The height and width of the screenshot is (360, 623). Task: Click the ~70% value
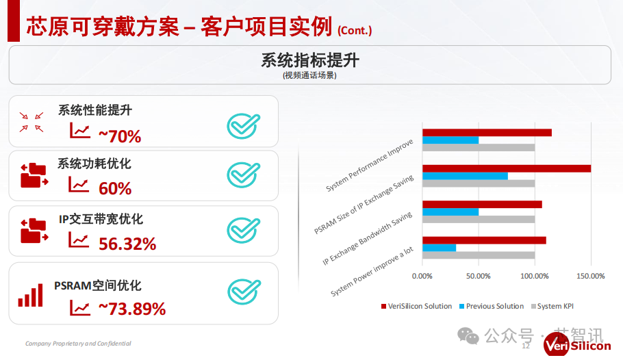(120, 136)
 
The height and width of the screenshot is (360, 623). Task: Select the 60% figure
(115, 188)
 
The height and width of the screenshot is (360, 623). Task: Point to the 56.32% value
(127, 244)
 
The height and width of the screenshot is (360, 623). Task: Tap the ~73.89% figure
(132, 309)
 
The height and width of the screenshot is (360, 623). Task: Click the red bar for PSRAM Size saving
(507, 168)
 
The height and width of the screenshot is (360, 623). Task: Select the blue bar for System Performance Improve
(450, 140)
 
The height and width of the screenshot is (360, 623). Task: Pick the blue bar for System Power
(439, 248)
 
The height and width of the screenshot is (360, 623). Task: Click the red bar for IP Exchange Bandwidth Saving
(482, 204)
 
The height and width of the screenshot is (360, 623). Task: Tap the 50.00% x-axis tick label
(479, 276)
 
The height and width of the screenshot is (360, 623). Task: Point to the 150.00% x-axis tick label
(591, 276)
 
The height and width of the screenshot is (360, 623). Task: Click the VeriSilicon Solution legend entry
(416, 307)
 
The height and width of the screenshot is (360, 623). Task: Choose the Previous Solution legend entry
(492, 307)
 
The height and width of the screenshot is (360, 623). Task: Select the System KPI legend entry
(552, 307)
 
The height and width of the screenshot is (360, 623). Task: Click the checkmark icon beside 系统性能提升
(243, 126)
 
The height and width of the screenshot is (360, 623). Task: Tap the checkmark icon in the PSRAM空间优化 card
(244, 292)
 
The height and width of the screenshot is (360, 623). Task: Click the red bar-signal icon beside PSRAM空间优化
(31, 295)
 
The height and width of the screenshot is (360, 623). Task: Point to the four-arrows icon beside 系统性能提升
(31, 122)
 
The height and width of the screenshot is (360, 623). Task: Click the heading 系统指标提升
(310, 60)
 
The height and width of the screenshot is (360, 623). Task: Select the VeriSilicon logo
(577, 344)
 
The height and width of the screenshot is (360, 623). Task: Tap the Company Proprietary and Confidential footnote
(78, 344)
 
